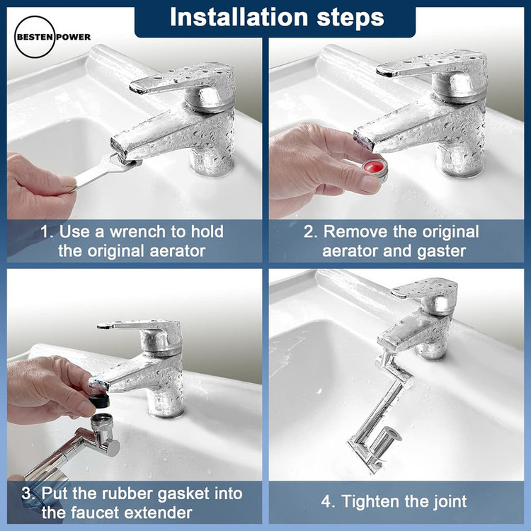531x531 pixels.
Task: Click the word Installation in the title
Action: pyautogui.click(x=239, y=17)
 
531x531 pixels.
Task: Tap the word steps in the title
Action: pyautogui.click(x=350, y=18)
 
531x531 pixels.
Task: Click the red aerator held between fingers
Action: pyautogui.click(x=375, y=169)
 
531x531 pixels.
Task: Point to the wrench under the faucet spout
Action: pyautogui.click(x=105, y=170)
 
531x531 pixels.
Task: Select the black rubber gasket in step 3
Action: pyautogui.click(x=100, y=401)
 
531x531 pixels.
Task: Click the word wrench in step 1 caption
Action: pyautogui.click(x=139, y=232)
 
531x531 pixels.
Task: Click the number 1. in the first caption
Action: pyautogui.click(x=47, y=232)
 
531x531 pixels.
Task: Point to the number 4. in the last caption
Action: pyautogui.click(x=329, y=501)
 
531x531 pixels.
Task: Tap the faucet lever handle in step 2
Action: pyautogui.click(x=430, y=64)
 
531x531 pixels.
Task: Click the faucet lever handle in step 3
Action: pyautogui.click(x=139, y=325)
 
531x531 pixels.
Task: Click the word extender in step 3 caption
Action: pyautogui.click(x=157, y=513)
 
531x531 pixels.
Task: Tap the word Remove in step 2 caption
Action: pyautogui.click(x=355, y=232)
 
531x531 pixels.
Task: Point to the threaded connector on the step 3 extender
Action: pyautogui.click(x=100, y=421)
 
